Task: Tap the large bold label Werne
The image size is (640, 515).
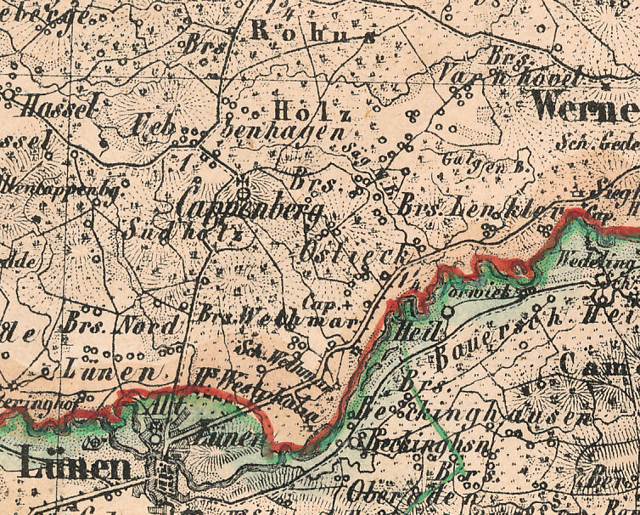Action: (586, 110)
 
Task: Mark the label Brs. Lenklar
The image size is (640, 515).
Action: (480, 207)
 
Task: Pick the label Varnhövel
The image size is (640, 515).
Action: (509, 76)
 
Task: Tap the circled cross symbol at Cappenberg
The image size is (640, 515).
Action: (243, 181)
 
